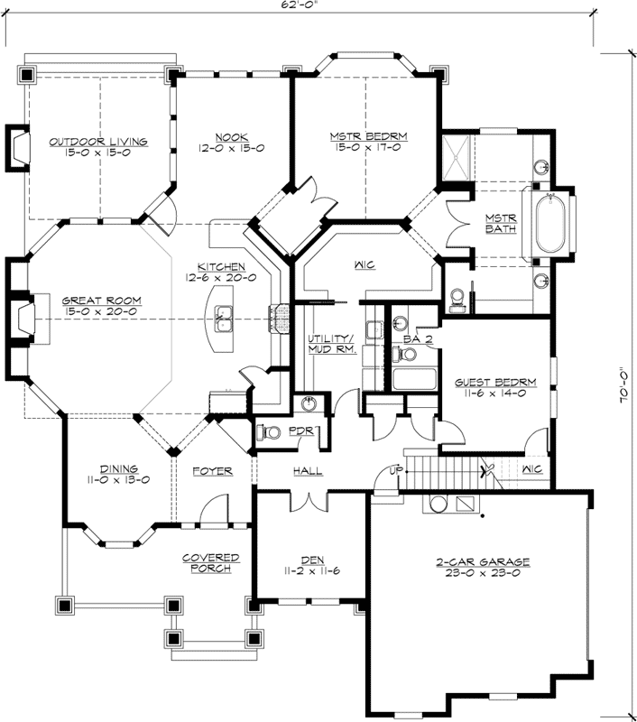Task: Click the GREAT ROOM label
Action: point(99,301)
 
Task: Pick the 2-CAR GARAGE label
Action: point(483,561)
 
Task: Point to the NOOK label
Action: point(231,136)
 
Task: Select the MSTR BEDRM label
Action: point(368,136)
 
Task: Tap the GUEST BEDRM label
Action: point(495,382)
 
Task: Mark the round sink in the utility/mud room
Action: point(309,403)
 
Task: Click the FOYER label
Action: point(213,471)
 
